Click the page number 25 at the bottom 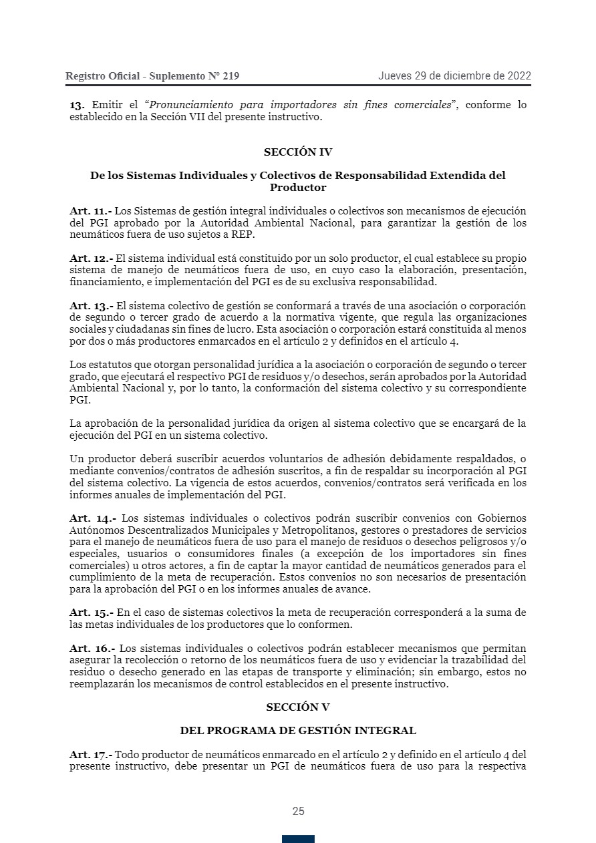point(298,811)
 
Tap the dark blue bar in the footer point(298,839)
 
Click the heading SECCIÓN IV point(298,152)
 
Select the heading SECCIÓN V point(298,707)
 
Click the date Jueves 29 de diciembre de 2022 point(454,75)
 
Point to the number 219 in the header point(231,76)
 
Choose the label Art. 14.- point(93,518)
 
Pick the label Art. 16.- point(92,649)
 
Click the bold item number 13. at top point(77,105)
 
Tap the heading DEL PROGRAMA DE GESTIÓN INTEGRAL point(298,730)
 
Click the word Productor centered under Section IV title point(298,188)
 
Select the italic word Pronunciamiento point(190,105)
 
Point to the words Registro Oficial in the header point(102,76)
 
